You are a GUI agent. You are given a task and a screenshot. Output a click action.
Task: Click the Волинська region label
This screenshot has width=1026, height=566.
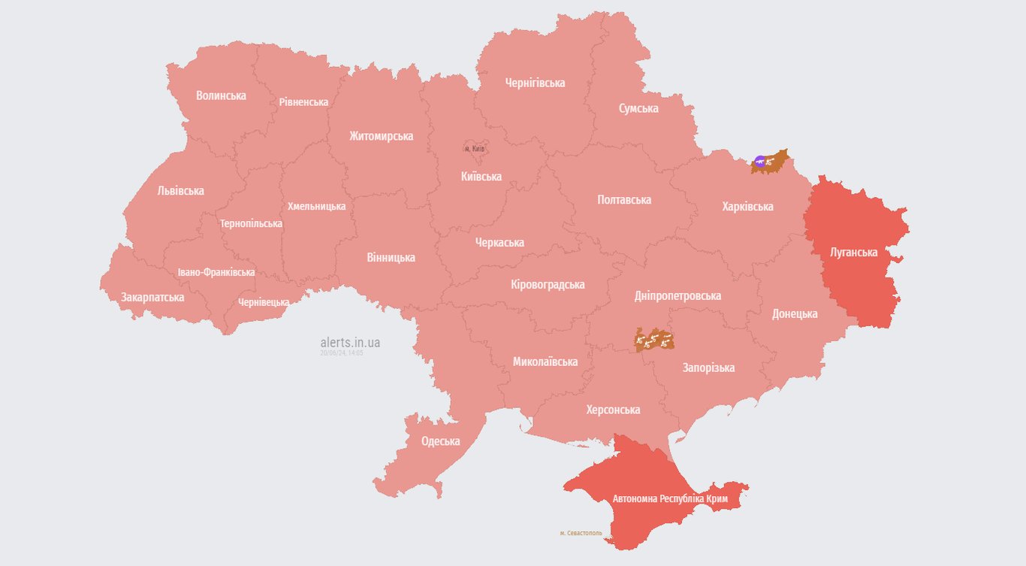tap(221, 95)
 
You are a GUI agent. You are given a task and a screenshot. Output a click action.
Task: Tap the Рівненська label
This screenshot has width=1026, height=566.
tap(303, 101)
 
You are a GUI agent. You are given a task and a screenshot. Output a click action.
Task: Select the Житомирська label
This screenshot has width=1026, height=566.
tap(381, 136)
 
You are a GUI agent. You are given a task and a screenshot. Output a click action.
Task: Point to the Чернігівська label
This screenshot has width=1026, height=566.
tap(535, 83)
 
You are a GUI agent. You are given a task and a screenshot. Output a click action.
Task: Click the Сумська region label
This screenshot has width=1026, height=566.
tap(638, 108)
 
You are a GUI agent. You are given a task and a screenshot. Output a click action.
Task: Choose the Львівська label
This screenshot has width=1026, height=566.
tap(180, 191)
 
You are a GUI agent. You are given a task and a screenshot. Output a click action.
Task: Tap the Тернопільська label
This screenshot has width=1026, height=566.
tap(251, 223)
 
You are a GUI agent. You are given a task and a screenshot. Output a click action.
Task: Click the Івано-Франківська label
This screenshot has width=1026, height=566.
tap(216, 272)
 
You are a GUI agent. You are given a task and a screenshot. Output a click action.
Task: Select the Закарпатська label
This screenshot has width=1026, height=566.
tap(152, 297)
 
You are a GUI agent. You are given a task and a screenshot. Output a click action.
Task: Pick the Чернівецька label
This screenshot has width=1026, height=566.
tap(264, 302)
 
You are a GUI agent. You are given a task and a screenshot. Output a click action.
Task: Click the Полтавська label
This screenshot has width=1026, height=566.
tap(624, 200)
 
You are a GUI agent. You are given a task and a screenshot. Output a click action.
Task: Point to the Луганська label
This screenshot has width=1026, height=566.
tap(853, 253)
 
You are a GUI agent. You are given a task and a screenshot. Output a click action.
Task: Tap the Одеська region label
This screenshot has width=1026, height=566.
tap(440, 441)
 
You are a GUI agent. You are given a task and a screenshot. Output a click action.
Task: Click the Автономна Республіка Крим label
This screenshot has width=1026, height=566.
tap(670, 498)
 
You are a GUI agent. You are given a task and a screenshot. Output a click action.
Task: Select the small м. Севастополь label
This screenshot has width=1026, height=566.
tap(581, 533)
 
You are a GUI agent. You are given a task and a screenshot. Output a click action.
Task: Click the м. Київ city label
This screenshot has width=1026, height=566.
tap(475, 149)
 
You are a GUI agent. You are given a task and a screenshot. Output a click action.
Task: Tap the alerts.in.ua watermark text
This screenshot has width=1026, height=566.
tap(350, 343)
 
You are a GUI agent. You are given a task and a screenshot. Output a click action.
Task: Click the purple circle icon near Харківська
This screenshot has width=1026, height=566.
tap(760, 160)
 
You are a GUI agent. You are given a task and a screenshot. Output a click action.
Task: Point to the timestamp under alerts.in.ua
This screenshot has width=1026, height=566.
tap(342, 353)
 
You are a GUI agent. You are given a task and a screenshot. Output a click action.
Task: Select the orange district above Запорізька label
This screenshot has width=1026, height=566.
tap(654, 340)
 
